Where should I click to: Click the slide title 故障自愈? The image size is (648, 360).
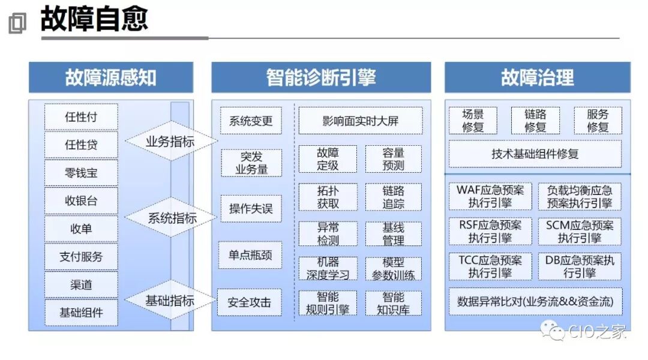tap(94, 20)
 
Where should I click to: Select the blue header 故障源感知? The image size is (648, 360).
tap(111, 78)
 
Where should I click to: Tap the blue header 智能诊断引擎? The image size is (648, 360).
tap(321, 78)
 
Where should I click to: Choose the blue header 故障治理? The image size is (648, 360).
tap(538, 78)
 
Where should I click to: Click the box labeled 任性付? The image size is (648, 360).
tap(81, 117)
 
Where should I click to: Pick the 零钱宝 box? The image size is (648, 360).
tap(81, 173)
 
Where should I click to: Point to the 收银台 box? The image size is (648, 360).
tap(81, 201)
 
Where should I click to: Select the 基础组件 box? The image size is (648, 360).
tap(81, 313)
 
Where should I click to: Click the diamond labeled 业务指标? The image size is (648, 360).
tap(170, 142)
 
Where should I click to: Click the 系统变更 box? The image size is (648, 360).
tap(251, 121)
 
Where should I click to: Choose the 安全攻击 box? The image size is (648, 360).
tap(251, 302)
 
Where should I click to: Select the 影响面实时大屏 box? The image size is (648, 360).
tap(361, 121)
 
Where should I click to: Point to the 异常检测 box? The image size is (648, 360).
tap(328, 234)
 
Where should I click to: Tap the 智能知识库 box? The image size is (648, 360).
tap(394, 303)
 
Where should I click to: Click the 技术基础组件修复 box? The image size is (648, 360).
tap(535, 154)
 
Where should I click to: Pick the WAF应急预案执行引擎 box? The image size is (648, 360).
tap(490, 196)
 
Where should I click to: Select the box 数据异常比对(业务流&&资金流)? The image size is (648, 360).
tap(535, 301)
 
